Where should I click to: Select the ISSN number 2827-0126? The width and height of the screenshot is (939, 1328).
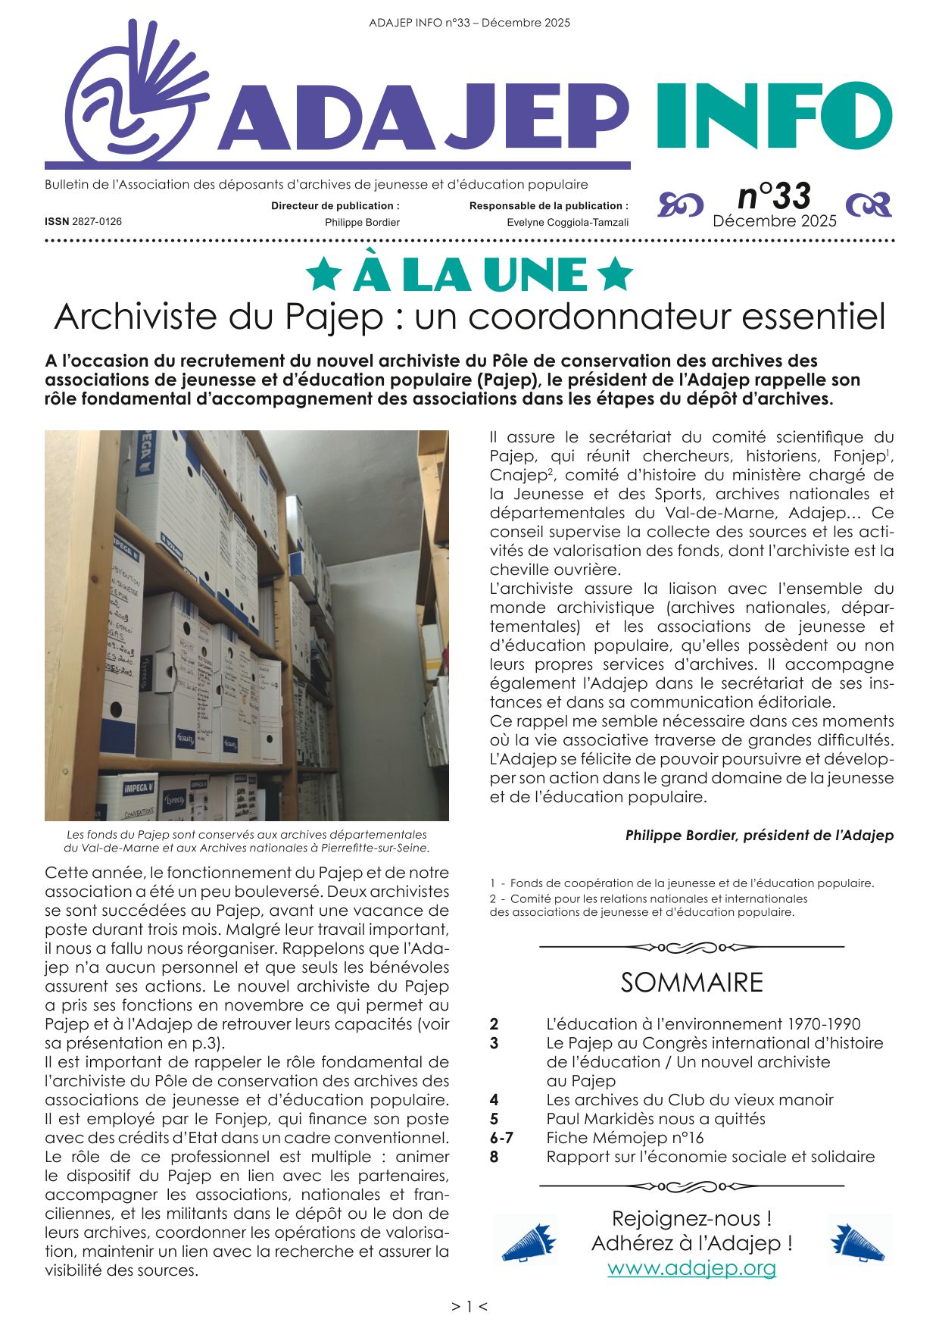pos(96,222)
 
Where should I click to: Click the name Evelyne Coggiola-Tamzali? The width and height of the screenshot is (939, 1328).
pos(567,223)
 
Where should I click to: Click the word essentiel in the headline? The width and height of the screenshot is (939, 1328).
pos(813,316)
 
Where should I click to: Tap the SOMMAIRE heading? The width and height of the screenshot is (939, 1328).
pos(691,983)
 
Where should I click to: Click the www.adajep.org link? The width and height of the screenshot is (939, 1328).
pos(691,1267)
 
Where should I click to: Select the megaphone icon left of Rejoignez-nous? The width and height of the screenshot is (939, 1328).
pos(527,1240)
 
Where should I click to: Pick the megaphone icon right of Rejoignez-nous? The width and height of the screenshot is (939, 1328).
pos(858,1240)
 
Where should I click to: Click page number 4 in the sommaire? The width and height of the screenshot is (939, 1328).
pos(494,1100)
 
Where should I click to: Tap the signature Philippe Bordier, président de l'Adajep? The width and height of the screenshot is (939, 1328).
pos(759,836)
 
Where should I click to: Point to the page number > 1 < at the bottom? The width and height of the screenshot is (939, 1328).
pos(469,1307)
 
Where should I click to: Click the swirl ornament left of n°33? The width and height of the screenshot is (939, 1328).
pos(680,204)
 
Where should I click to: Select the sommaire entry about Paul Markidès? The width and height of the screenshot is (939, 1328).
pos(655,1119)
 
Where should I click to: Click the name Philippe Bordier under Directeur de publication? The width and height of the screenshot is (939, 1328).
pos(362,223)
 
